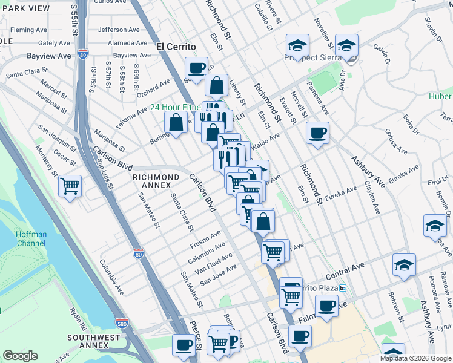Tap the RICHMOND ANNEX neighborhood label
click(156, 181)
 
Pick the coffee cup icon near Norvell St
click(317, 133)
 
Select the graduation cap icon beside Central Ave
click(404, 265)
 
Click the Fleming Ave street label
click(30, 30)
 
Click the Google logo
click(20, 356)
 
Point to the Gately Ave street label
click(55, 43)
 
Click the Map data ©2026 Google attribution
click(415, 358)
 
